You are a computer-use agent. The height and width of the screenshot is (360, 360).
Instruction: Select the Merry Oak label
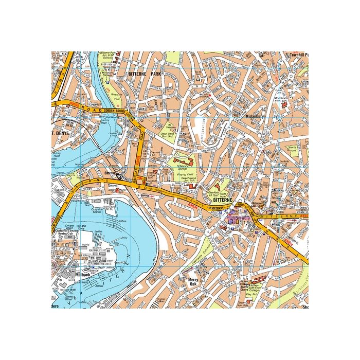193,282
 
